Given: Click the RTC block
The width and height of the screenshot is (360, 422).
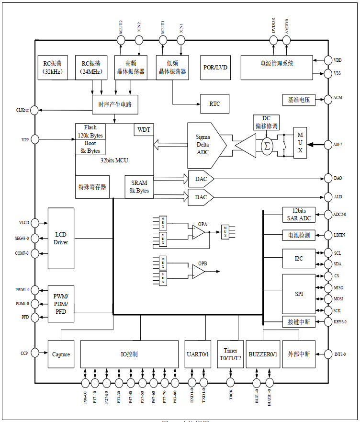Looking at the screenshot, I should coord(214,104).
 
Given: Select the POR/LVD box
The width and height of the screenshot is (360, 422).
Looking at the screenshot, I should coord(215,67).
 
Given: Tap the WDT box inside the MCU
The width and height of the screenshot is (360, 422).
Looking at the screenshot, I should coord(144,130).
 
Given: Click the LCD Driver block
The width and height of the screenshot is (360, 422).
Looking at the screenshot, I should coord(61,239).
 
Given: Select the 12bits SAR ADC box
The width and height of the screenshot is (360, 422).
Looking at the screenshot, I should coord(299,215).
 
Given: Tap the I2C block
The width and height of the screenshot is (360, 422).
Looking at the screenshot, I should coord(299,259).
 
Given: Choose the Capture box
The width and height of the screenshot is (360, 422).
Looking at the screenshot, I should coord(61,354).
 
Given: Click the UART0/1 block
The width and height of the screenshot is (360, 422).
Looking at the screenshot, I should coord(198,354).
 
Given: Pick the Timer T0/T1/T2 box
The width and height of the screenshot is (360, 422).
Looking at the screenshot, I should coord(230,354).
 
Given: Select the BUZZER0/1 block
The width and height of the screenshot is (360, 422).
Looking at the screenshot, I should coord(263,354).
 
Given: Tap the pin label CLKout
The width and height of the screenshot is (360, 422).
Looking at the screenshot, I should coord(22,111).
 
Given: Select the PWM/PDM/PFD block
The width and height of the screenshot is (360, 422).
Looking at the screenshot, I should coord(61,304).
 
